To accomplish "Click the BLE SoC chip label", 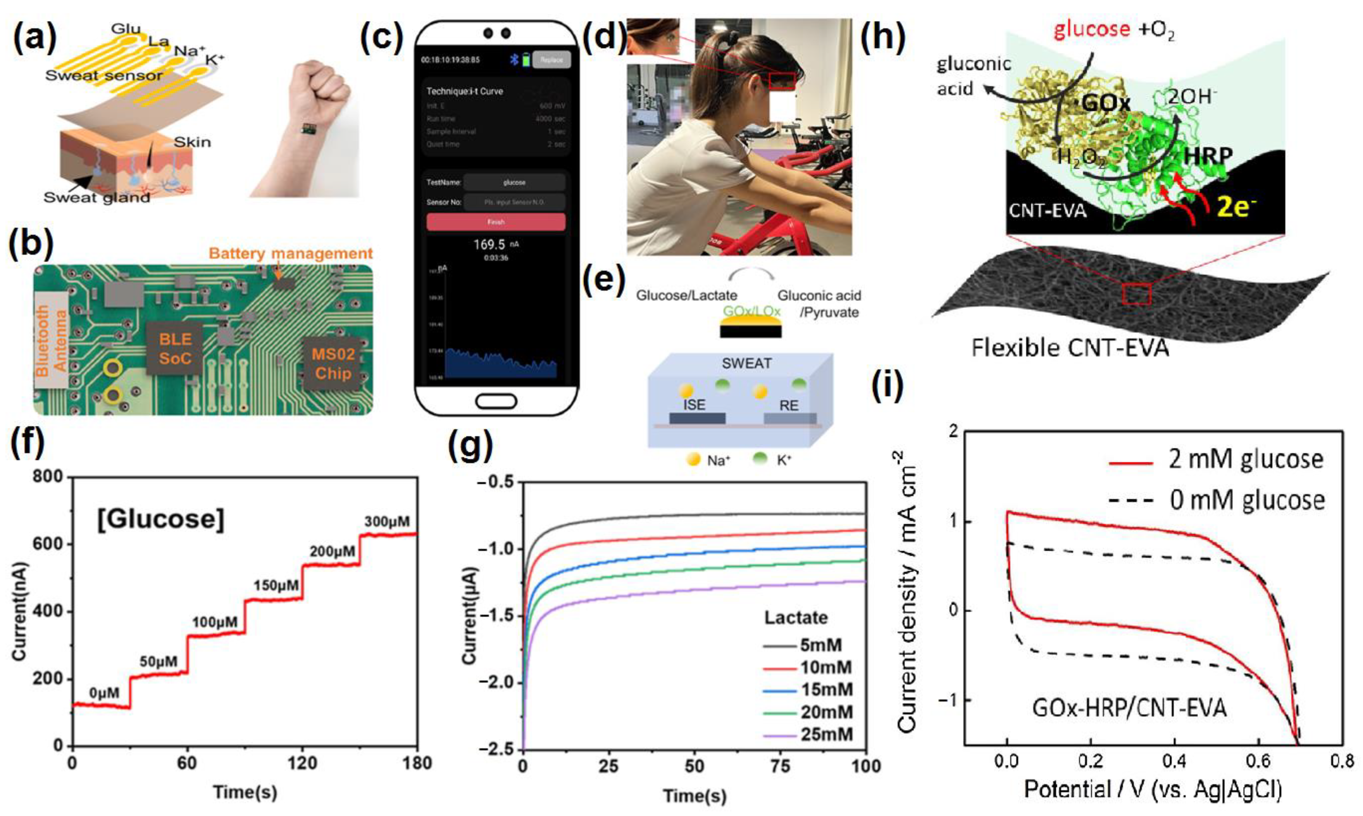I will tap(175, 349).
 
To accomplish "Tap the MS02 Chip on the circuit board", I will tap(333, 364).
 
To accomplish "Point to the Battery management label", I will tap(291, 254).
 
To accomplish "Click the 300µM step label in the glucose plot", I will tap(387, 521).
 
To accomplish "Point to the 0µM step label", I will tap(104, 693).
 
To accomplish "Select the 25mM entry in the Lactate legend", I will tap(826, 734).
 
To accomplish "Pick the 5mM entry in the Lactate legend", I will tap(821, 645).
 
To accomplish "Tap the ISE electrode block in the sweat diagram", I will tap(696, 418).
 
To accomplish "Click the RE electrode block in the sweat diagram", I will tap(789, 418).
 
